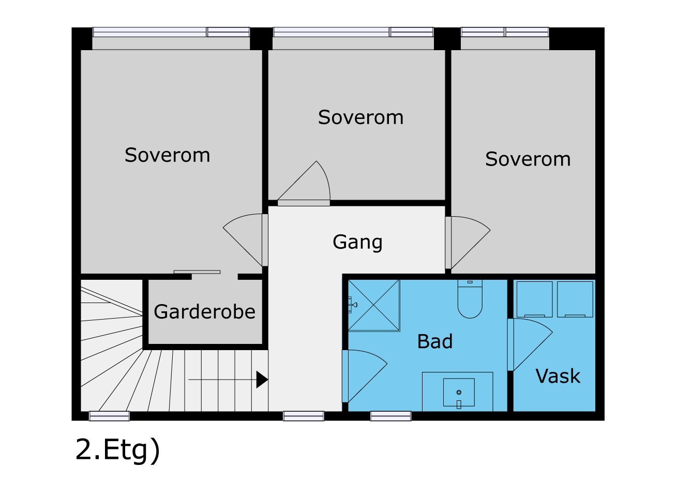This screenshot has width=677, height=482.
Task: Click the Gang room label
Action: pos(357,242)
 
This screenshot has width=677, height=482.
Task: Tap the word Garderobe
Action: pos(204,312)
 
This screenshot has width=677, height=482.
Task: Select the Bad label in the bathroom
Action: pos(434,341)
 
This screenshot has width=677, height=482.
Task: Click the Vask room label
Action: pos(558,376)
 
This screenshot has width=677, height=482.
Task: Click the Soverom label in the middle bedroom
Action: pos(360,117)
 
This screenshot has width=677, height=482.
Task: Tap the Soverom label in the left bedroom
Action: pos(167,155)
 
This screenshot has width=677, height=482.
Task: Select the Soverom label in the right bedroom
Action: pos(528,159)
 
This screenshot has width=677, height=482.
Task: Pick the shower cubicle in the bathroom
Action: pos(373,305)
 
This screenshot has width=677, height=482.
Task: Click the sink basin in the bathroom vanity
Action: pos(459,393)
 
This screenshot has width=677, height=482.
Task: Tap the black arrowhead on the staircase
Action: pos(262,380)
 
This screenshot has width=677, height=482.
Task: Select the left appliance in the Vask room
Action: pos(534,299)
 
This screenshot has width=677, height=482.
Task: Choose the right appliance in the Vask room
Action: pos(575,299)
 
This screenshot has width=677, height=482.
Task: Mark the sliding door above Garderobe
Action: pos(197,272)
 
